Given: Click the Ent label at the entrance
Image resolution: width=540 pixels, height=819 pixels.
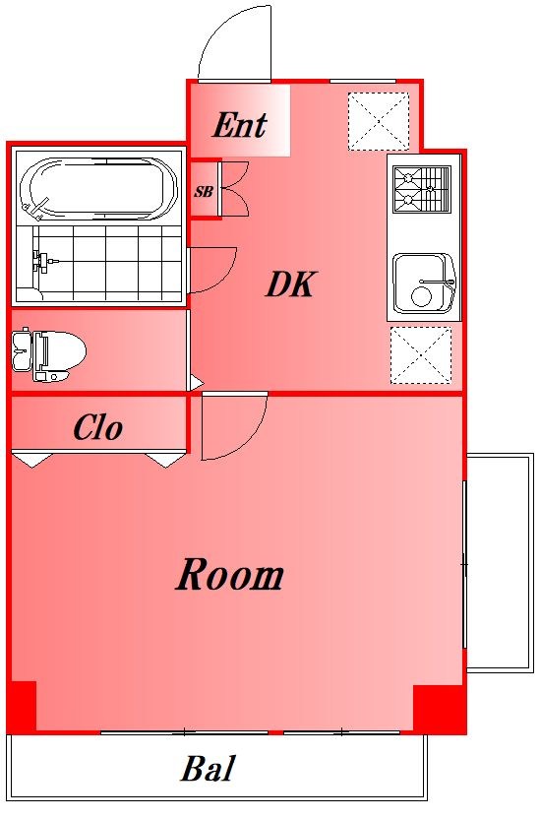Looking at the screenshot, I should tap(240, 125).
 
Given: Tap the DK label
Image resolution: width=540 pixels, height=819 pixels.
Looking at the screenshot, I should tap(290, 285).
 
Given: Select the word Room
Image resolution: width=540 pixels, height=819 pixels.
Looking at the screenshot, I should tap(230, 575).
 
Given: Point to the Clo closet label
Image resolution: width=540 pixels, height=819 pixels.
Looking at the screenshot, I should tap(98, 428).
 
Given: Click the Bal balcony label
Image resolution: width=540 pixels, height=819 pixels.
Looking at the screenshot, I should tap(208, 769).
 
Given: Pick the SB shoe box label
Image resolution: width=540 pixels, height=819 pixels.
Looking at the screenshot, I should tap(203, 192).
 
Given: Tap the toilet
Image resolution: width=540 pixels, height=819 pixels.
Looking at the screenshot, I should tap(49, 351).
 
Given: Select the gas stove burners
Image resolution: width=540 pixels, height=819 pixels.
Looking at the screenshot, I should tap(422, 189).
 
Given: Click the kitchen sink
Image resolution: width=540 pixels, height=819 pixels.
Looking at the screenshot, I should tap(423, 283).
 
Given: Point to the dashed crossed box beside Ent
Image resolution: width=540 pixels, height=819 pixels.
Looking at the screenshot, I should tap(378, 121).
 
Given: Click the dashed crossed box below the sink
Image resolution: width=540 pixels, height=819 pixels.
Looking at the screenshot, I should tap(421, 354).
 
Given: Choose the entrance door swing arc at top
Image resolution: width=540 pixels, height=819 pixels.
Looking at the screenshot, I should tap(234, 44).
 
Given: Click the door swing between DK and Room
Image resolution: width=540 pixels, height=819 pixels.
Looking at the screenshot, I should tap(232, 425).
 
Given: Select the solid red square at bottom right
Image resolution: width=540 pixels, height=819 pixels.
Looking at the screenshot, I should tap(438, 708).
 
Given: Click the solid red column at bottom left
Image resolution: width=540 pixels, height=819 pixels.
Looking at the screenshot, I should tap(23, 706).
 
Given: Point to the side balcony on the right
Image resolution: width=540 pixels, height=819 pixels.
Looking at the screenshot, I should tap(499, 562).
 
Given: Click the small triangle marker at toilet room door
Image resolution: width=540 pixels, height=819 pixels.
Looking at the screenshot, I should tap(196, 382).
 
